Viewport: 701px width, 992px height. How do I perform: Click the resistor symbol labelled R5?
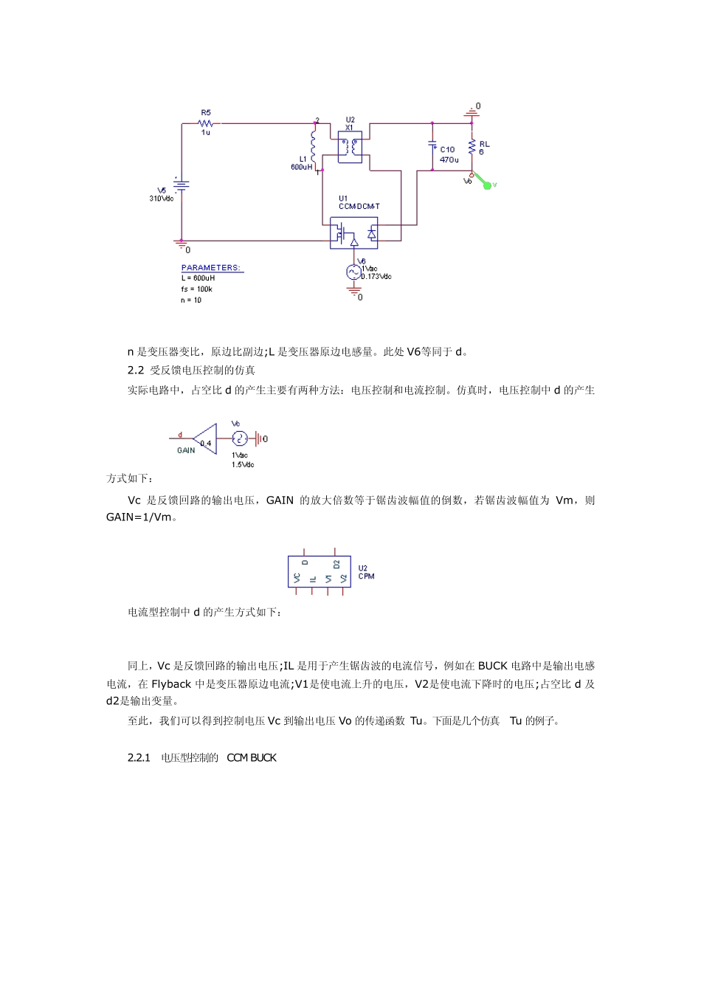coord(206,123)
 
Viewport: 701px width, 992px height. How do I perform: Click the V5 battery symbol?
coord(182,185)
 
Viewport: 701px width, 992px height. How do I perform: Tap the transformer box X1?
coord(350,148)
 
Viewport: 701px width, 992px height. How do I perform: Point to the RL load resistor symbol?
coord(472,148)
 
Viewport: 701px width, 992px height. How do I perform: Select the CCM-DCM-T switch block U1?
coord(353,233)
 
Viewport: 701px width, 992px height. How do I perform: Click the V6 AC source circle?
coord(353,272)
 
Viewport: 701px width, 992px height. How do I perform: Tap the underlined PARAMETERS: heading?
coord(211,268)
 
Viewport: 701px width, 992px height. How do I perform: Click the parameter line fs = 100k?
coord(196,289)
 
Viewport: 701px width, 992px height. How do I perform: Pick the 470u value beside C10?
coord(449,159)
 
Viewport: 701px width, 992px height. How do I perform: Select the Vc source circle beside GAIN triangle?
coord(238,438)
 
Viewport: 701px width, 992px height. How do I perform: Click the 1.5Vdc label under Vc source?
coord(243,464)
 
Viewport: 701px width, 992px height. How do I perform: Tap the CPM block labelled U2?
coord(319,571)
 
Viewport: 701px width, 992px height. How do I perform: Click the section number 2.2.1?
coord(139,758)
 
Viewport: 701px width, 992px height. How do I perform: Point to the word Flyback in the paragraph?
coord(171,684)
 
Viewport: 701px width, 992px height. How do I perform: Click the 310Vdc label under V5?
coord(162,199)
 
